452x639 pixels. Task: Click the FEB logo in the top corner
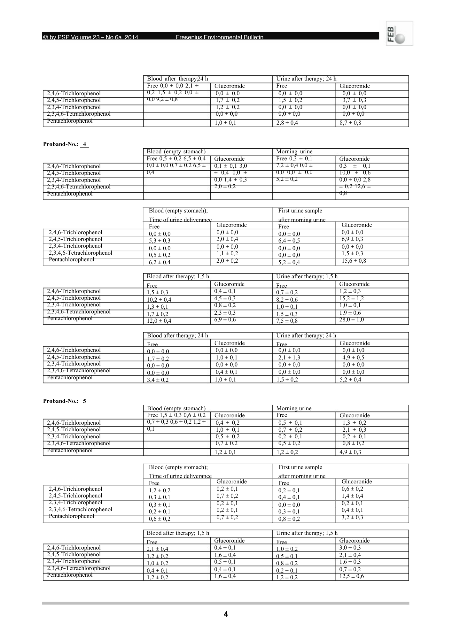point(399,33)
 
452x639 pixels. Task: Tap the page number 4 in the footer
point(226,614)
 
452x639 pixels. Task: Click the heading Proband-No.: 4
point(66,144)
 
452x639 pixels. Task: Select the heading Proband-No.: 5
point(65,401)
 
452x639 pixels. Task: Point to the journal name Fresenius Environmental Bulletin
point(220,37)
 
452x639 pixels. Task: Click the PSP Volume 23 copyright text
point(91,37)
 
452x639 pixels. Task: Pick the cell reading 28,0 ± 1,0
point(351,319)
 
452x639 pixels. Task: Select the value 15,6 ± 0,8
point(354,261)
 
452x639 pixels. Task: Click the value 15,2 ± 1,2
point(351,298)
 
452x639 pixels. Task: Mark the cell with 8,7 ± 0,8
point(350,123)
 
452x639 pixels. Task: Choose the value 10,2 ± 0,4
point(159,300)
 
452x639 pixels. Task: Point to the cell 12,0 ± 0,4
point(159,321)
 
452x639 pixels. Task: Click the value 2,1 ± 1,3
point(289,358)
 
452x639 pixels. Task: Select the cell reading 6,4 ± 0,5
point(289,241)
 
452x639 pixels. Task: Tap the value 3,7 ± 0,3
point(354,100)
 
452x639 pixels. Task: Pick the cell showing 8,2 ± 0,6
point(287,300)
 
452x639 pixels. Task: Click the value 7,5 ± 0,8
point(287,321)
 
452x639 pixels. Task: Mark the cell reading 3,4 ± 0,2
point(158,380)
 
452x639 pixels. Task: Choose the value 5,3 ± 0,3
point(160,241)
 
